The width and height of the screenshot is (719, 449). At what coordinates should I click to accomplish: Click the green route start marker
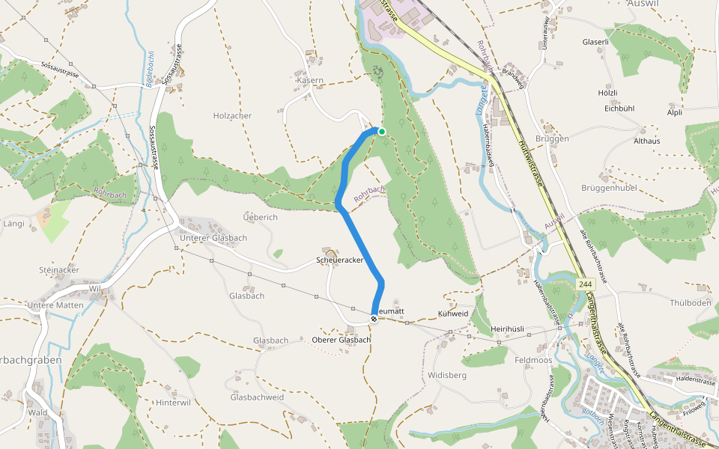pyautogui.click(x=382, y=132)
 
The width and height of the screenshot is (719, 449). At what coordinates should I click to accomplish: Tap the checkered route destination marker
pyautogui.click(x=374, y=317)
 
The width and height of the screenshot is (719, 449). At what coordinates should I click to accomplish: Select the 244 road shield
pyautogui.click(x=586, y=285)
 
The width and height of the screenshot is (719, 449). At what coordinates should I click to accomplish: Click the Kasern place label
pyautogui.click(x=310, y=80)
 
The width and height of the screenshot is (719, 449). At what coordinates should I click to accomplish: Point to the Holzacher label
pyautogui.click(x=232, y=116)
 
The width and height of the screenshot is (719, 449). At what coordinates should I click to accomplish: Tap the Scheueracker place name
pyautogui.click(x=339, y=260)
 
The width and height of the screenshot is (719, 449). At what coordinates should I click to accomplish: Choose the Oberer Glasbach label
pyautogui.click(x=341, y=340)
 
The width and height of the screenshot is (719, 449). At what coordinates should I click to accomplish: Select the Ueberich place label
pyautogui.click(x=261, y=217)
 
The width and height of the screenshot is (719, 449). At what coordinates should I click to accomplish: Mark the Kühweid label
pyautogui.click(x=452, y=314)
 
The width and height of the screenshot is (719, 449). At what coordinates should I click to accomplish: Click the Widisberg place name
pyautogui.click(x=447, y=374)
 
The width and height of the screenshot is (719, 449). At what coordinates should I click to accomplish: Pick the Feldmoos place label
pyautogui.click(x=533, y=360)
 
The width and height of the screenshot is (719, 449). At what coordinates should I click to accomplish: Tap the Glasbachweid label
pyautogui.click(x=257, y=397)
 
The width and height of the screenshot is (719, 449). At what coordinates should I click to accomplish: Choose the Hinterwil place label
pyautogui.click(x=174, y=402)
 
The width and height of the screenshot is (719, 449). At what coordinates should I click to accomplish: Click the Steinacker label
pyautogui.click(x=59, y=269)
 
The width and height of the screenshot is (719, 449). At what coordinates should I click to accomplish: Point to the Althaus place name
pyautogui.click(x=647, y=141)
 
